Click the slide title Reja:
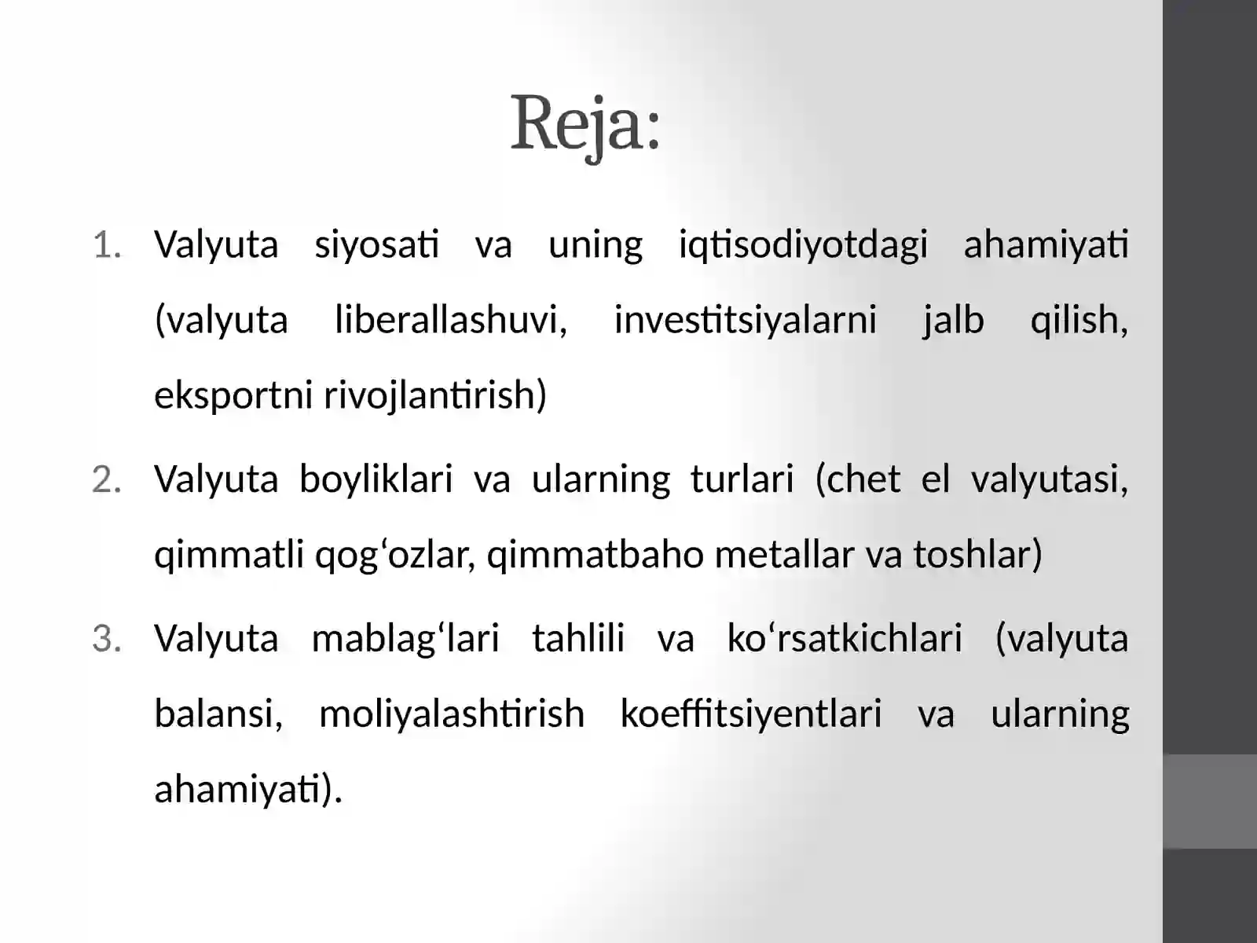585,124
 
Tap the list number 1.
107,245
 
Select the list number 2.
107,480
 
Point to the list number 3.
107,639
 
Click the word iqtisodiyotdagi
803,245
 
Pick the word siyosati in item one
377,245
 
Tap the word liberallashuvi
451,320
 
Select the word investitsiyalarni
745,320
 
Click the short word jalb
953,320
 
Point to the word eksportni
233,395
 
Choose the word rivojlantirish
434,395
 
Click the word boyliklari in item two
376,479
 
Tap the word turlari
742,479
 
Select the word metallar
784,555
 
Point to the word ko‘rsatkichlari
845,639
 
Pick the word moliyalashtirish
452,714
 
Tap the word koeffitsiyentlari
750,714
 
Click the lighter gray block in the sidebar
1210,802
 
